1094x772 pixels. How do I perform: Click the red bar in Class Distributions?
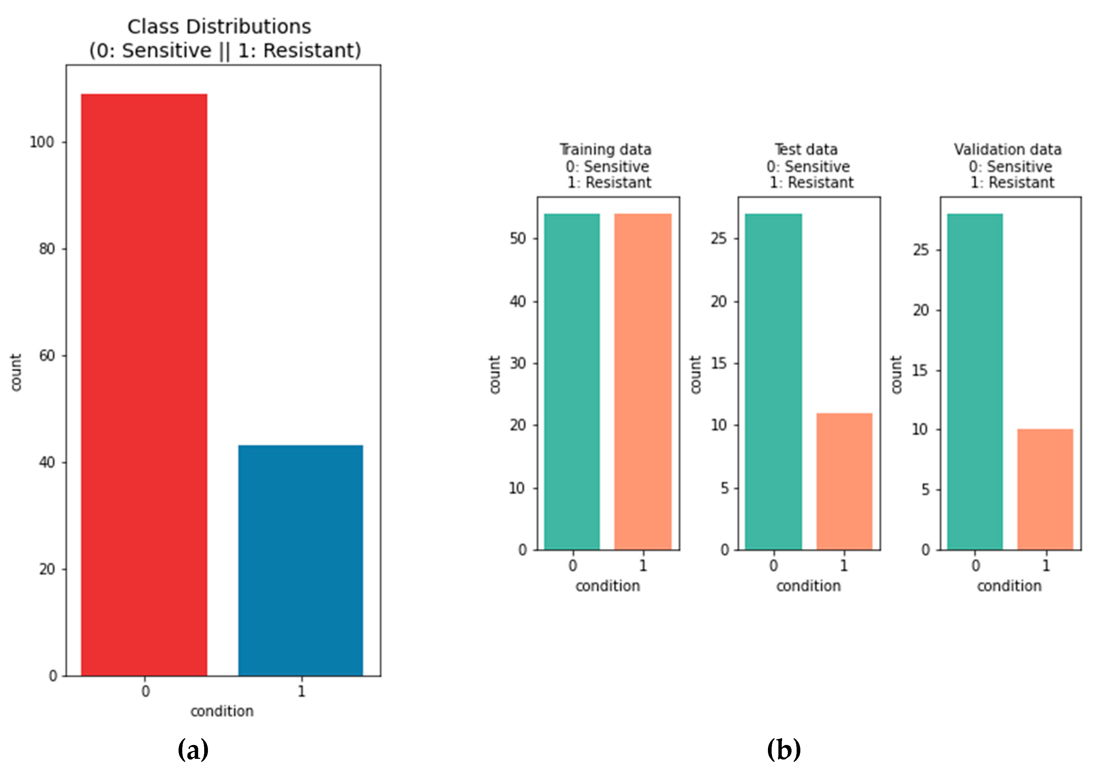point(144,384)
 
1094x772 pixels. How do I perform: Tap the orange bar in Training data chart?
point(643,381)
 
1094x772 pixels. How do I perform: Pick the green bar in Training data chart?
point(572,381)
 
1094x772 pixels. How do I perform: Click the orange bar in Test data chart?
point(844,481)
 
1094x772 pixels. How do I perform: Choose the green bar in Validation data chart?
point(975,381)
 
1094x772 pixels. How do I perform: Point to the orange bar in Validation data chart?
point(1045,489)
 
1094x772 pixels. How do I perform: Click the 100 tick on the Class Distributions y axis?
point(42,142)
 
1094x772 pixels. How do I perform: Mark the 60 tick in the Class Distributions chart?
point(47,356)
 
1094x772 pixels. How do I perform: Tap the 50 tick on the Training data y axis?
point(517,239)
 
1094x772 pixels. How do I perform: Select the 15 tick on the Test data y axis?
point(719,363)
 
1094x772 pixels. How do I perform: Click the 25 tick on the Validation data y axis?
point(920,250)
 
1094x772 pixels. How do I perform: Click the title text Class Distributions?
point(219,27)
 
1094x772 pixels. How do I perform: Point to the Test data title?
point(806,150)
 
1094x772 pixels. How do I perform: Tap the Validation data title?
point(1007,150)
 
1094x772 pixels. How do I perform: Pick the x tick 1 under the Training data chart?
point(643,566)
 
